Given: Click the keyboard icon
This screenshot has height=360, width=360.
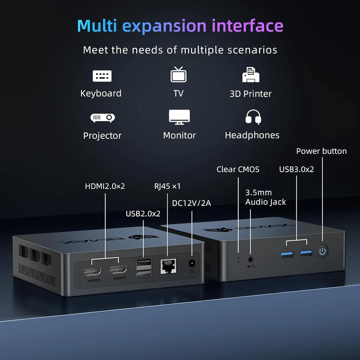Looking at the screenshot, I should (x=102, y=76).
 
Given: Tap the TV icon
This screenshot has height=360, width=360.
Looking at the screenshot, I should (x=178, y=74).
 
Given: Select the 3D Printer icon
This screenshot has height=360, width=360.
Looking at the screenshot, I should (x=251, y=75).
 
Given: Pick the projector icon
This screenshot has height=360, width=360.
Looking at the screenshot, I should (x=102, y=118).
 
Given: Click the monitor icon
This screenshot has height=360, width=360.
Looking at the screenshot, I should (x=179, y=117).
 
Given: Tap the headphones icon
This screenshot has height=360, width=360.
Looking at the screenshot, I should (x=253, y=117).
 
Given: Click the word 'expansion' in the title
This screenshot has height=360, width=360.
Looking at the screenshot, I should (x=165, y=26).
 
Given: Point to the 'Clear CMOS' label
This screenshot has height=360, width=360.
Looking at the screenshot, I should (x=238, y=169).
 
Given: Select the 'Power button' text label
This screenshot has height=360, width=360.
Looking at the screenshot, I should (x=321, y=151).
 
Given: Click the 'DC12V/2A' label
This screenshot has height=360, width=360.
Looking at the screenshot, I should (x=191, y=203).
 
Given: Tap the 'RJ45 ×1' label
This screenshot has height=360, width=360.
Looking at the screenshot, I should (x=167, y=186).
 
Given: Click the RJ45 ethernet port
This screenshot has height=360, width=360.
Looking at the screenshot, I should (x=169, y=265).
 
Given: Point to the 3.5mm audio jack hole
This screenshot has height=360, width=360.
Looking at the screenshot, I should (x=250, y=259).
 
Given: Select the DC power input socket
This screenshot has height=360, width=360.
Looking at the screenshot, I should (x=192, y=264).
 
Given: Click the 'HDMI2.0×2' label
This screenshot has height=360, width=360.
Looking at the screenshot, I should (x=105, y=186).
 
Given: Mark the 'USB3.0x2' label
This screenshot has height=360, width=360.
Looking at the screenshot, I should (x=296, y=169).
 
